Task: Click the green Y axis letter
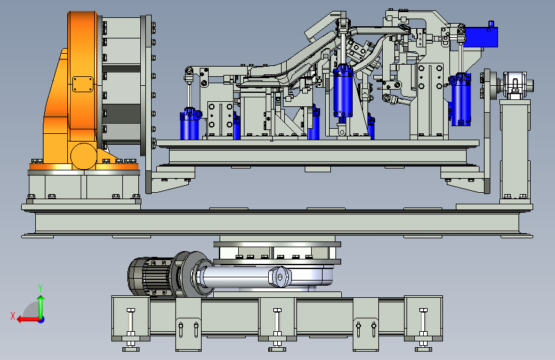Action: tap(40, 288)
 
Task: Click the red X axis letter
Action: tap(13, 316)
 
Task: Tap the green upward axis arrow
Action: tap(41, 307)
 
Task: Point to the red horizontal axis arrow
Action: tap(28, 320)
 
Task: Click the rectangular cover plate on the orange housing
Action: tap(83, 85)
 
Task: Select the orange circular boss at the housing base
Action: tap(83, 156)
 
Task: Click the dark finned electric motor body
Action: tap(150, 276)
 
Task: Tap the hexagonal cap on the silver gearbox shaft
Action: tap(280, 277)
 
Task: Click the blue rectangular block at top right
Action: tap(481, 37)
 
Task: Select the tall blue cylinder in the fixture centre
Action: tap(343, 91)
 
